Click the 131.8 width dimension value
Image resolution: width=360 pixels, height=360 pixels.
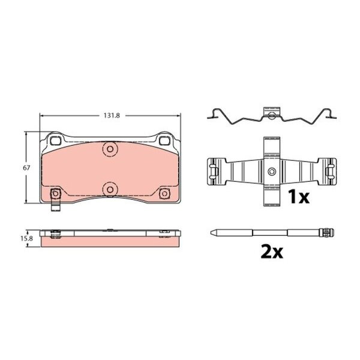tap(112, 115)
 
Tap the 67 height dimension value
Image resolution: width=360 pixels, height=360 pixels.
tap(26, 168)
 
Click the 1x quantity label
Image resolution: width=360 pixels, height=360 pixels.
tap(298, 197)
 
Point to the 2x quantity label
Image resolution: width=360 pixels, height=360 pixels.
tap(272, 251)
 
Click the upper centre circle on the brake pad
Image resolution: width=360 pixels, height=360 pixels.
tap(110, 149)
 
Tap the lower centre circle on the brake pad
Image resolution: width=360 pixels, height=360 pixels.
tap(110, 190)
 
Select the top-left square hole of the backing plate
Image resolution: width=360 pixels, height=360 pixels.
tap(56, 140)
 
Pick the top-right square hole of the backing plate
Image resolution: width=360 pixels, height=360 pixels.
tap(164, 140)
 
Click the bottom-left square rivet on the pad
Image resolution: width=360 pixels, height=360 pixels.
tap(56, 193)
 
